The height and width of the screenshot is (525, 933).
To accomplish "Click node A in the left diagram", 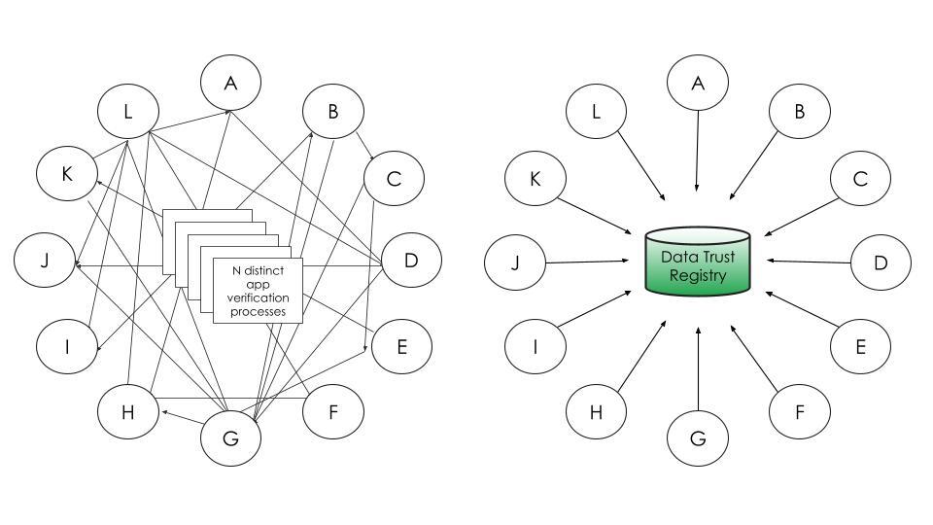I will click(x=231, y=83).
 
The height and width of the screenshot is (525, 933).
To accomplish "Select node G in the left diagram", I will click(x=231, y=437).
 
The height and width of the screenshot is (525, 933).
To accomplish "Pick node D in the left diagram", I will click(x=411, y=260).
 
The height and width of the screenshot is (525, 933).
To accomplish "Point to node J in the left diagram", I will click(x=45, y=260).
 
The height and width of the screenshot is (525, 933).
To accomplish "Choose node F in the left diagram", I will click(x=333, y=411).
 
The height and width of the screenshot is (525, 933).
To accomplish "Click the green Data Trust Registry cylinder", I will click(x=698, y=262).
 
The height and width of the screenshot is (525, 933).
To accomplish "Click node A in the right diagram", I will click(x=698, y=84).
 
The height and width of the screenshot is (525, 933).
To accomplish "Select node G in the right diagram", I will click(x=698, y=437).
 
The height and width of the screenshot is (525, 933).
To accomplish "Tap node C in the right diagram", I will click(x=860, y=178).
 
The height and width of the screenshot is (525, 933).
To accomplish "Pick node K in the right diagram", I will click(x=536, y=178).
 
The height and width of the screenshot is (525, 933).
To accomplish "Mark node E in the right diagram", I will click(x=860, y=346).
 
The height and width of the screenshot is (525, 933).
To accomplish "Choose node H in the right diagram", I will click(x=596, y=411).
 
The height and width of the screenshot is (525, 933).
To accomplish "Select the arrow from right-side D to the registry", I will click(x=809, y=261).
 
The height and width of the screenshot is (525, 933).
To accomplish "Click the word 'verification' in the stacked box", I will click(x=258, y=297).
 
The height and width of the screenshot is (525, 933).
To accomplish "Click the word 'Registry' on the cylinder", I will click(x=698, y=276).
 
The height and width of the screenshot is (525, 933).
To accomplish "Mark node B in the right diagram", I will click(x=800, y=111).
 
